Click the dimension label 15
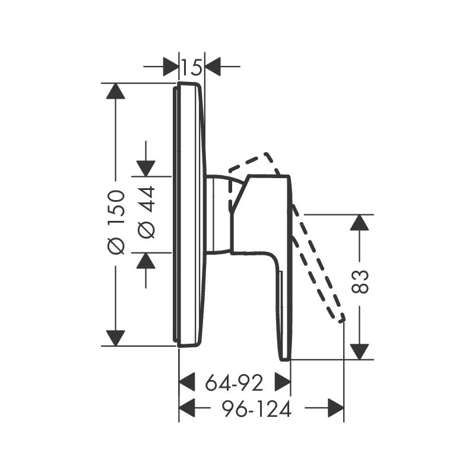[191, 67]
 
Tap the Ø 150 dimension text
[116, 222]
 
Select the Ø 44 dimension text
[146, 213]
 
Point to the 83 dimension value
[360, 281]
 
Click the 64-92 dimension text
[234, 383]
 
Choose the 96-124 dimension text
[257, 409]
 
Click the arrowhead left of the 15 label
[171, 66]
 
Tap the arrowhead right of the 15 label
[213, 66]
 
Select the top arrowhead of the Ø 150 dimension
[116, 91]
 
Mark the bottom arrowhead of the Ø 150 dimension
[116, 338]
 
